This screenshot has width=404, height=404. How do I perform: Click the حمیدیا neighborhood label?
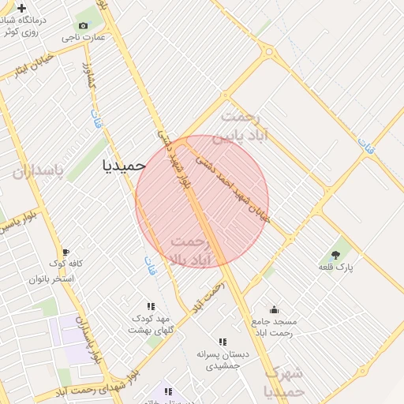(125, 165)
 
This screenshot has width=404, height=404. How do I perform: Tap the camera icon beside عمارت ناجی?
(83, 26)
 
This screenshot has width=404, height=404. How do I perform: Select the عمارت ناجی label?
(82, 37)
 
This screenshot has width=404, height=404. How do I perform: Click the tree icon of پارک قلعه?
(336, 255)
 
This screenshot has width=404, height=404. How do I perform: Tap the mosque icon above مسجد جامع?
(274, 309)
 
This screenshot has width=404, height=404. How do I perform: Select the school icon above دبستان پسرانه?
(223, 342)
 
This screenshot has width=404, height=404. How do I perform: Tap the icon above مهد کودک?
(151, 306)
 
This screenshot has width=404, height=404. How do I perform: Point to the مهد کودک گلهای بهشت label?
(151, 324)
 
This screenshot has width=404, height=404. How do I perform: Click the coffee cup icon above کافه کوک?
(65, 252)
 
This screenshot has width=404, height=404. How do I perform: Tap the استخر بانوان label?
(51, 279)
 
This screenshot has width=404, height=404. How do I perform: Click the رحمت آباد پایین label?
(245, 125)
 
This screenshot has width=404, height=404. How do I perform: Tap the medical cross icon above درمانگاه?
(21, 7)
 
